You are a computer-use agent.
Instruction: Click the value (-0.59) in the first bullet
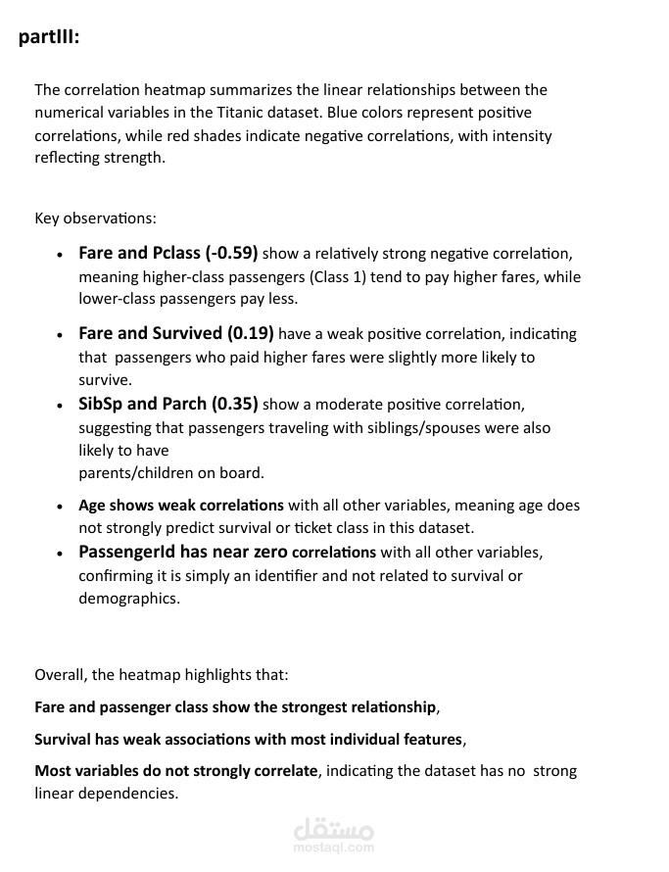231,253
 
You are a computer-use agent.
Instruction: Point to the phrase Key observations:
95,218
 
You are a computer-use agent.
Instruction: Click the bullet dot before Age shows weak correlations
61,507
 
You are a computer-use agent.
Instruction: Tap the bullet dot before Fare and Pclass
61,254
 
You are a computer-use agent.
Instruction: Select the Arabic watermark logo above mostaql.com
333,829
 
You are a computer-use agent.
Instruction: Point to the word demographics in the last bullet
128,598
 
